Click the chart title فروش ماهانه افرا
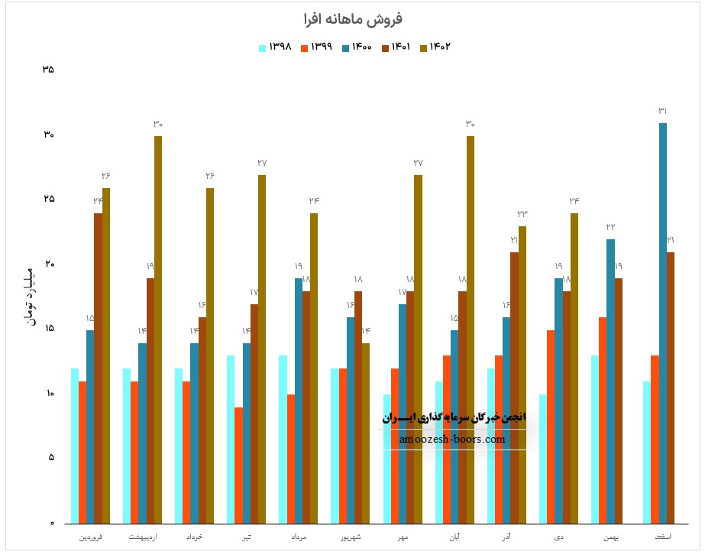[352, 18]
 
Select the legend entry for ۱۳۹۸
[276, 47]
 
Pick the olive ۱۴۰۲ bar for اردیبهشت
[158, 329]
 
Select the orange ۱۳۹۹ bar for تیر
[238, 465]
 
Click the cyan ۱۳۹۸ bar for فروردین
[74, 446]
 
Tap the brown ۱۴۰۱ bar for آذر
[514, 388]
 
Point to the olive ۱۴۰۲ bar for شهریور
[366, 433]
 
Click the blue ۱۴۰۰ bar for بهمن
[611, 381]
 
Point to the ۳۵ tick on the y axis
[48, 70]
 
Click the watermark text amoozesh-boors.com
[452, 440]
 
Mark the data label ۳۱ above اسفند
[663, 112]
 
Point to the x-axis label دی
[559, 538]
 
